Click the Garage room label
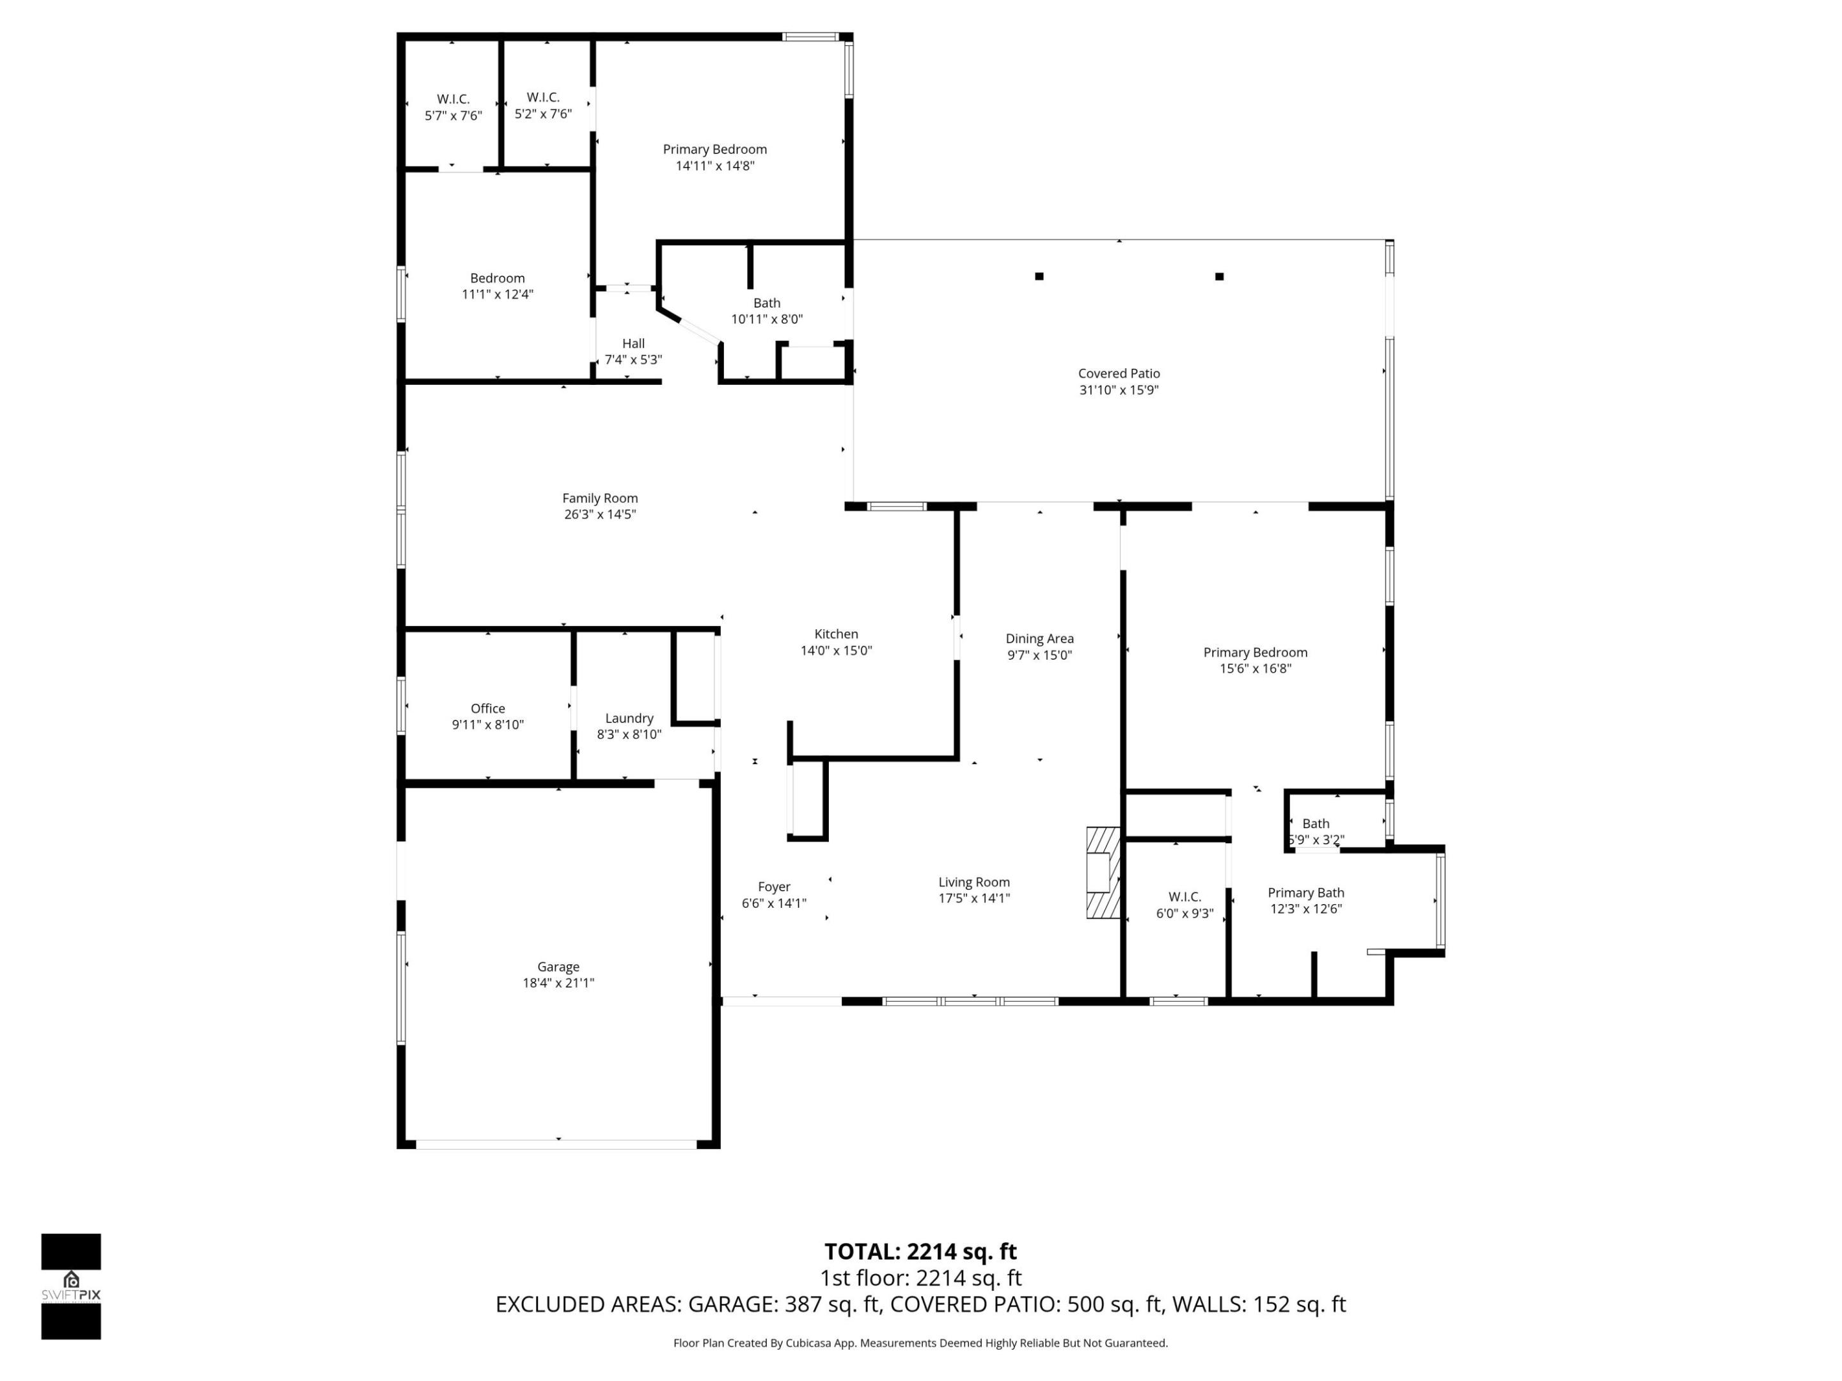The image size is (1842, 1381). [558, 967]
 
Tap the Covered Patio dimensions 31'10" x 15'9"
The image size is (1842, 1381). [1119, 389]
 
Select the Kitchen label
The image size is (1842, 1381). [835, 634]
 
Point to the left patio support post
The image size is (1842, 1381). [1039, 276]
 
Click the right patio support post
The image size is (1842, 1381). [1219, 276]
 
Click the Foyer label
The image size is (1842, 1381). [774, 887]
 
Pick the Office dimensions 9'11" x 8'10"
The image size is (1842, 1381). [487, 725]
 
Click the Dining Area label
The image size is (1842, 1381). [1039, 639]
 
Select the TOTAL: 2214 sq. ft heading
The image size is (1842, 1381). [920, 1251]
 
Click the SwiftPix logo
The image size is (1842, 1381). [71, 1286]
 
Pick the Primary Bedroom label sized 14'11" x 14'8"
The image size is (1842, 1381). [714, 150]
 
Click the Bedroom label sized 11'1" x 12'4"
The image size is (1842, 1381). [497, 278]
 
